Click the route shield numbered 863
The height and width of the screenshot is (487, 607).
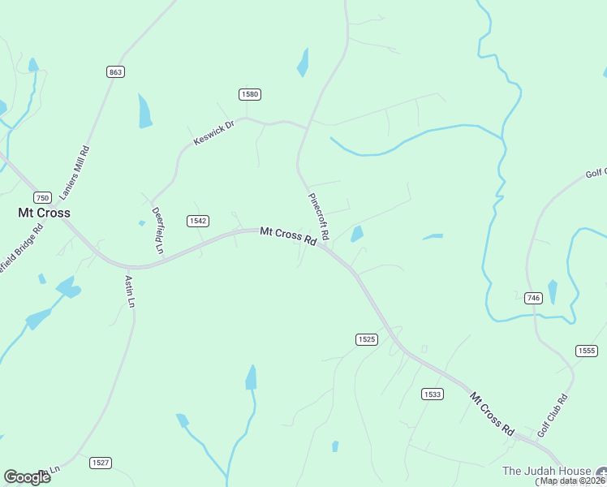point(115,72)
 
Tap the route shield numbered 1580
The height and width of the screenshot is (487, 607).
point(249,95)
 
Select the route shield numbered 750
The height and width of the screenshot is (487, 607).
point(43,197)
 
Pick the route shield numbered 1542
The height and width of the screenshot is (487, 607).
point(198,221)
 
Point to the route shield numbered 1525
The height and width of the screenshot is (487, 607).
point(366,339)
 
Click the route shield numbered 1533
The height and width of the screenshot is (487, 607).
point(433,394)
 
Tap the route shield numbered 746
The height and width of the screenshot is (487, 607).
point(533,298)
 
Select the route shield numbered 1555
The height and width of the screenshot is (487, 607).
point(586,351)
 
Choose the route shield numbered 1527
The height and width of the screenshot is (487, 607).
point(101,463)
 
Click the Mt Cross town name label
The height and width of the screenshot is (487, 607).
point(44,213)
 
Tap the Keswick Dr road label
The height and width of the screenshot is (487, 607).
point(213,135)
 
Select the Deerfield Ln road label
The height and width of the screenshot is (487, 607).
point(158,231)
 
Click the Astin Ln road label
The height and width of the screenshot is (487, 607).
point(129,291)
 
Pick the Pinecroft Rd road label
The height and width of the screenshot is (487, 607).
point(318,216)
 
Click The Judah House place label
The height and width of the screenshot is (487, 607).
point(545,471)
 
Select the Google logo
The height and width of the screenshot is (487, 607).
point(27,477)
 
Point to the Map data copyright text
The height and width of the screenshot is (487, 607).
point(572,481)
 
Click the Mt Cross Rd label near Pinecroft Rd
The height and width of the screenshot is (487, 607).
point(288,236)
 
